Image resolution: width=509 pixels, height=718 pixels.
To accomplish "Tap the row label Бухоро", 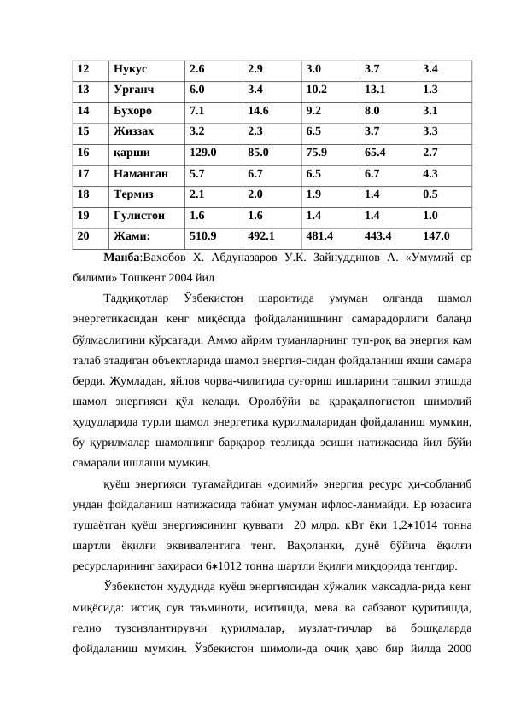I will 133,111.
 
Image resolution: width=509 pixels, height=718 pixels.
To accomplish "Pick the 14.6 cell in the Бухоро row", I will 260,111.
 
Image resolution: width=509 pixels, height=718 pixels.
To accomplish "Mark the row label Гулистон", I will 140,216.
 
